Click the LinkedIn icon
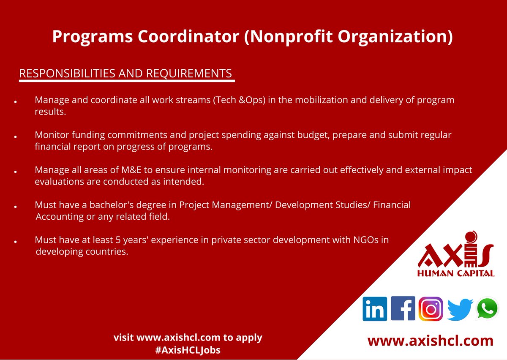[374, 309]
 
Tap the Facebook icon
[403, 308]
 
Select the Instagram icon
[431, 309]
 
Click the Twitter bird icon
[459, 309]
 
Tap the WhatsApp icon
[487, 309]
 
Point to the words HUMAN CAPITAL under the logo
[455, 273]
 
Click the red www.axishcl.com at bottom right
[430, 341]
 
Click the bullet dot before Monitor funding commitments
[15, 137]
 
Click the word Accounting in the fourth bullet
[60, 217]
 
